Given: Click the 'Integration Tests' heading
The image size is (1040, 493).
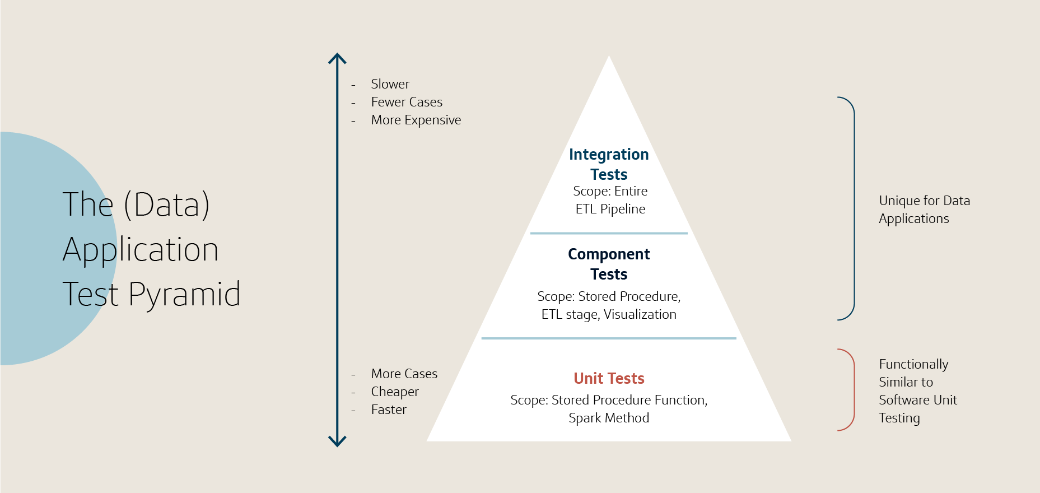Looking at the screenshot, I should (609, 164).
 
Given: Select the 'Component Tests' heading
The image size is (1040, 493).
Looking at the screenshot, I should (609, 264).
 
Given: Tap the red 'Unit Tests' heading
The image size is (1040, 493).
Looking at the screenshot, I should (609, 379).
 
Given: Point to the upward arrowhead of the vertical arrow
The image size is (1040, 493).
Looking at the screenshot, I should (337, 58).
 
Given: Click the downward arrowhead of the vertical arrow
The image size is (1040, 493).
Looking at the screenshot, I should (337, 442).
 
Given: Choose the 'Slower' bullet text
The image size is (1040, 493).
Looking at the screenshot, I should (390, 84).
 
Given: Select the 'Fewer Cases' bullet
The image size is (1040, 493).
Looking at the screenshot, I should (407, 102).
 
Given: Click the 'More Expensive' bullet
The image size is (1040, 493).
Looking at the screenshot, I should (416, 120).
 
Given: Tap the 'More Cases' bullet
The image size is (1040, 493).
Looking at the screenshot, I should (404, 374).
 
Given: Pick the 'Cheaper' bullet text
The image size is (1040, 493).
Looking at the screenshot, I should (395, 392).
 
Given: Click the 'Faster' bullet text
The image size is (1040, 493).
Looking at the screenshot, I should (389, 410).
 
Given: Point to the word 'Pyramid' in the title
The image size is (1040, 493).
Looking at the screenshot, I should (184, 295).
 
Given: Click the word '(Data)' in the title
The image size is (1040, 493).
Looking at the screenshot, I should (166, 204).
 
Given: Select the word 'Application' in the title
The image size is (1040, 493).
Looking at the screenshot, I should (141, 250).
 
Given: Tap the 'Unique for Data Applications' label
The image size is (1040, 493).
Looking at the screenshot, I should (924, 210).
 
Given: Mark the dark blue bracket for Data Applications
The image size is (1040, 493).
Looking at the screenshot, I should (853, 208).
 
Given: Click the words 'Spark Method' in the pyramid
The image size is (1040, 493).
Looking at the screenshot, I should (609, 418).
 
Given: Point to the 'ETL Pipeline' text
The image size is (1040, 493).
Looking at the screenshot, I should (610, 209).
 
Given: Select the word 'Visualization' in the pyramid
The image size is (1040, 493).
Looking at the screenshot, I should (640, 314).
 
